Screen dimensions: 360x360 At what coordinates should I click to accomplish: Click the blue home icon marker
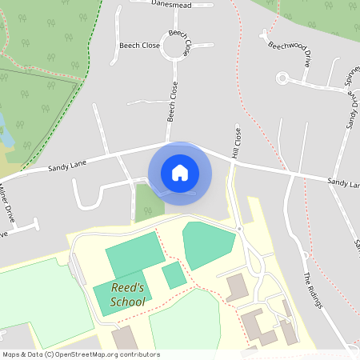[180, 173]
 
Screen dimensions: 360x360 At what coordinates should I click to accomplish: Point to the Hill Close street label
[236, 142]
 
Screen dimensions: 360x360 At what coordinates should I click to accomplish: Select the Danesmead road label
[172, 3]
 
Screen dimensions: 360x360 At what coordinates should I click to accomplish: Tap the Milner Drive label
[8, 198]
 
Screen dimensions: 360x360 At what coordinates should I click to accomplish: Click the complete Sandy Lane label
[66, 165]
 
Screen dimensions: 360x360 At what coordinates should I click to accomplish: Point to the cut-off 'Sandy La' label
[343, 185]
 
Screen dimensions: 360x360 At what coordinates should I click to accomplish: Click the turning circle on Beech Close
[176, 46]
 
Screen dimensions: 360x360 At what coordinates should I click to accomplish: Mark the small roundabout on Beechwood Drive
[282, 78]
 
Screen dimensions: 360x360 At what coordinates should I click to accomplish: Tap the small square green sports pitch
[174, 275]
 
